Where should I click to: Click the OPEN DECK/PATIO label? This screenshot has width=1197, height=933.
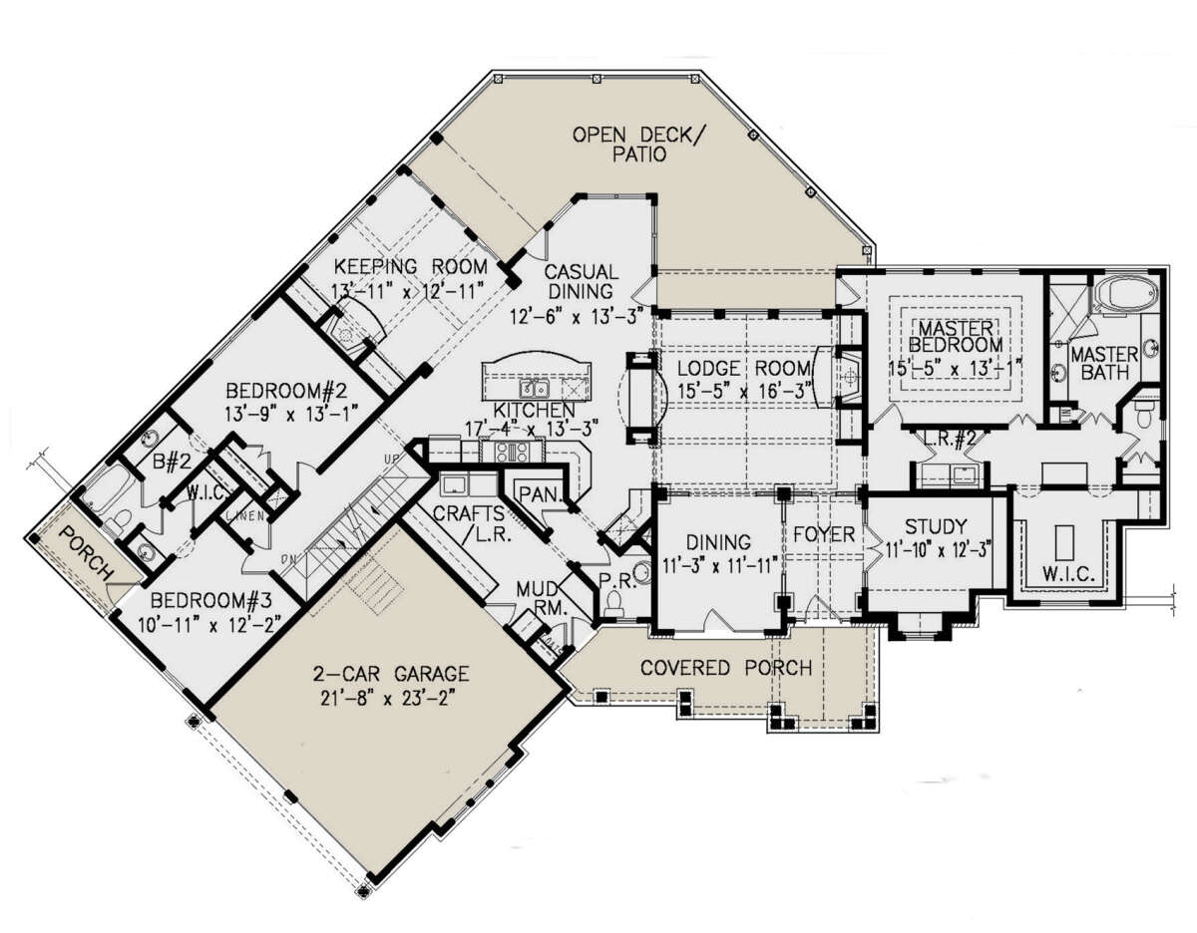tap(639, 145)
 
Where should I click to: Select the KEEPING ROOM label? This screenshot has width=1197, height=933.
tap(411, 266)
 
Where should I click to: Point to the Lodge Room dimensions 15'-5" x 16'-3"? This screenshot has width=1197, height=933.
tap(745, 392)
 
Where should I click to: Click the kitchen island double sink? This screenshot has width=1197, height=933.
tap(535, 389)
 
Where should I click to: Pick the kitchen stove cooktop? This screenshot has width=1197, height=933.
tap(512, 452)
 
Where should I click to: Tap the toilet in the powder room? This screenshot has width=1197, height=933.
tap(612, 603)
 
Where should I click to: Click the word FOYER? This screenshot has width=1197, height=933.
tap(824, 534)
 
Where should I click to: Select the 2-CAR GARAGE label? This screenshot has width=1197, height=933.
tap(391, 674)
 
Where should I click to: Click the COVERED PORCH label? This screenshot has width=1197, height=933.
tap(726, 668)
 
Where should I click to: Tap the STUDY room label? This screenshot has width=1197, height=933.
tap(936, 527)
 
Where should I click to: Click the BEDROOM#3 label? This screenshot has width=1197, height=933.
tap(211, 599)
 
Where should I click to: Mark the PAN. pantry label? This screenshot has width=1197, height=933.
tap(540, 494)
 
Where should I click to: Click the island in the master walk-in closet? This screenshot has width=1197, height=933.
tap(1063, 542)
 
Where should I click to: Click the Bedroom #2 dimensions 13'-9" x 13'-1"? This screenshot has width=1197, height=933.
tap(291, 413)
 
